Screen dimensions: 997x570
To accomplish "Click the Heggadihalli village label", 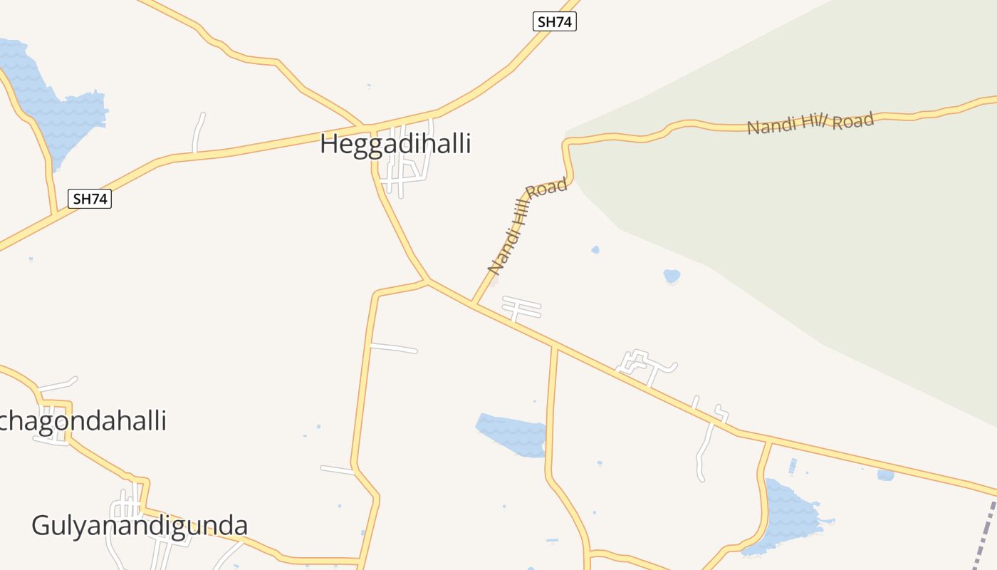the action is click(395, 144).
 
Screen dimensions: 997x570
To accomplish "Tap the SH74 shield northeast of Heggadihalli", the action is click(554, 21).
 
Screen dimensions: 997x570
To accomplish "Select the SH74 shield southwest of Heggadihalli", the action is click(90, 199).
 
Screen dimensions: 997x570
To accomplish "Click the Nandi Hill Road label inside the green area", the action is click(810, 123).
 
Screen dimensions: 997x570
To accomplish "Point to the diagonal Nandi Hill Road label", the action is click(527, 227).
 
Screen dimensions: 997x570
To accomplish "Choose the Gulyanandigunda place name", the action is click(140, 526).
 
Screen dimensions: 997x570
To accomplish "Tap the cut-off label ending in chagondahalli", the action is click(83, 420).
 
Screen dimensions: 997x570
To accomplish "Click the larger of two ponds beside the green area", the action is click(672, 275).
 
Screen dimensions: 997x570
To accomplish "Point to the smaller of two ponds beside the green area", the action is click(595, 249).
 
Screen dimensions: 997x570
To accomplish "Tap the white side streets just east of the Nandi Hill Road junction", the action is click(521, 309).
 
